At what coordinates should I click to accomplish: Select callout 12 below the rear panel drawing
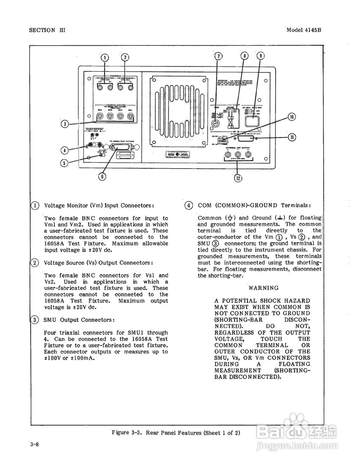pyautogui.click(x=238, y=178)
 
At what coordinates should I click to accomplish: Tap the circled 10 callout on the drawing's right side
pyautogui.click(x=292, y=117)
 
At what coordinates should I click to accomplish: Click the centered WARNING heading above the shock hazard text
pyautogui.click(x=263, y=288)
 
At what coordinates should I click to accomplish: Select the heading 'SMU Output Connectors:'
pyautogui.click(x=79, y=320)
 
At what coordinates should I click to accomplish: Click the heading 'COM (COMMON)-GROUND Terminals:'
pyautogui.click(x=254, y=205)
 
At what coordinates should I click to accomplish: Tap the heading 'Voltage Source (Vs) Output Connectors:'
pyautogui.click(x=98, y=263)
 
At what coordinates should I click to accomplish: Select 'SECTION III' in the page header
pyautogui.click(x=47, y=30)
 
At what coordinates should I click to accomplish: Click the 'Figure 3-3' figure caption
pyautogui.click(x=176, y=433)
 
